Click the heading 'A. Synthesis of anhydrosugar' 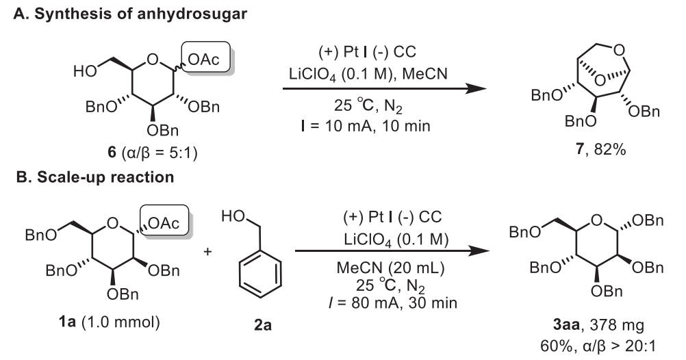[130, 14]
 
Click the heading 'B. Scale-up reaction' [95, 177]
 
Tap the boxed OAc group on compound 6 [205, 57]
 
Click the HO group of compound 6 [85, 70]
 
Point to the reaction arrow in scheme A [384, 89]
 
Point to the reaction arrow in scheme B [392, 251]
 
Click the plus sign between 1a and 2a [207, 251]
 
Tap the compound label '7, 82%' [600, 149]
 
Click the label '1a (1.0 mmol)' [109, 322]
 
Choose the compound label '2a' [263, 325]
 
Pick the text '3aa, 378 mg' [598, 325]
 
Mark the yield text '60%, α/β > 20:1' [598, 346]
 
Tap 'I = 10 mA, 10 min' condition [366, 126]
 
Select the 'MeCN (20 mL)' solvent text [390, 268]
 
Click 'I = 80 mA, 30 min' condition [393, 303]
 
